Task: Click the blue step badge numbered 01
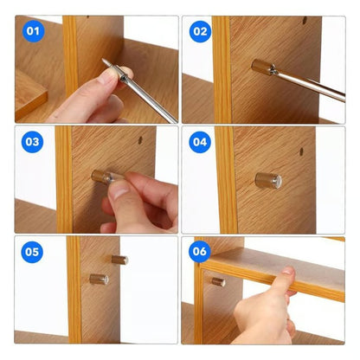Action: pyautogui.click(x=34, y=32)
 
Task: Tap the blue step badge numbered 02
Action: pyautogui.click(x=200, y=32)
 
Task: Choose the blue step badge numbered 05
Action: pyautogui.click(x=34, y=253)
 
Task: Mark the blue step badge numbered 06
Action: pyautogui.click(x=200, y=253)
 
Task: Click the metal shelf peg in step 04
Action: pyautogui.click(x=268, y=180)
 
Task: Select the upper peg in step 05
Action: pyautogui.click(x=119, y=259)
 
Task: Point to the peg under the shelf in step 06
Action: pyautogui.click(x=218, y=281)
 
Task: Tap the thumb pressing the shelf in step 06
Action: pyautogui.click(x=285, y=275)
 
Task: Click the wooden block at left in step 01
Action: pyautogui.click(x=30, y=93)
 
